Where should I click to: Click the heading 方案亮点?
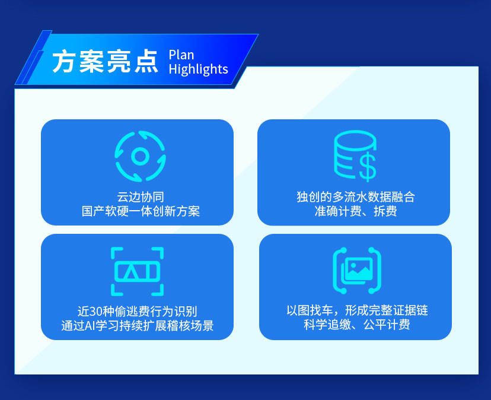105,62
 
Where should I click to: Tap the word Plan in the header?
181,55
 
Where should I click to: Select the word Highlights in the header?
198,69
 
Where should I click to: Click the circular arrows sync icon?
140,156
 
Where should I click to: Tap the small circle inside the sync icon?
140,156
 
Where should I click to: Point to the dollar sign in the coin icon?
367,169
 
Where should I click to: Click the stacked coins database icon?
355,156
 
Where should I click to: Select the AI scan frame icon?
137,271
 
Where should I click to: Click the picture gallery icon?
357,271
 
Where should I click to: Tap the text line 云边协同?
141,197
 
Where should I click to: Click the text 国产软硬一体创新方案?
141,211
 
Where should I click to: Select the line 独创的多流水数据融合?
356,197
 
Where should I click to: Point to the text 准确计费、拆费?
356,211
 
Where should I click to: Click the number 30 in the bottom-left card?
96,312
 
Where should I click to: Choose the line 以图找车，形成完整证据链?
357,310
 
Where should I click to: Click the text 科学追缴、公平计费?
357,325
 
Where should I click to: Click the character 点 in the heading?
146,62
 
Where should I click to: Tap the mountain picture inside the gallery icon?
359,269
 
